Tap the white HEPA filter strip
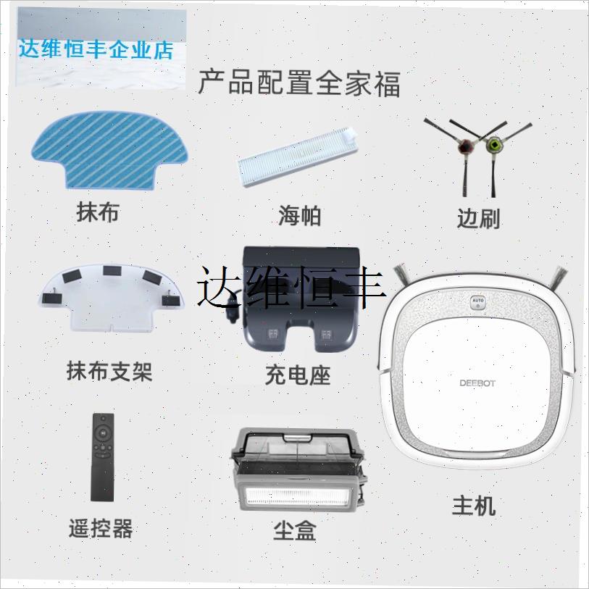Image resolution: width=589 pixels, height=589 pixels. (x=299, y=160)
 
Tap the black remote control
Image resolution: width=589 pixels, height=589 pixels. (x=104, y=456)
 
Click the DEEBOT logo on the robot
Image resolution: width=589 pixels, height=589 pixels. (x=478, y=383)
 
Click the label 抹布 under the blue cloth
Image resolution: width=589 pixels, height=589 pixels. (x=98, y=212)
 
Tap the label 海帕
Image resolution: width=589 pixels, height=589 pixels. (x=299, y=215)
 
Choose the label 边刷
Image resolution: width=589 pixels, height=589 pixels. (x=478, y=218)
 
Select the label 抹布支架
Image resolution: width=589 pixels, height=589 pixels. (x=109, y=372)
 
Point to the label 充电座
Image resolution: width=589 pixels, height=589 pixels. (x=298, y=375)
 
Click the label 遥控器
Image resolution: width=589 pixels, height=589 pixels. (x=102, y=529)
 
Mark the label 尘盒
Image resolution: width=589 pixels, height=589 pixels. (x=295, y=531)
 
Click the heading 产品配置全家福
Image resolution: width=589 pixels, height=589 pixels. (x=299, y=83)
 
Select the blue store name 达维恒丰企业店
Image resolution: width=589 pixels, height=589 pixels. (x=96, y=51)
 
